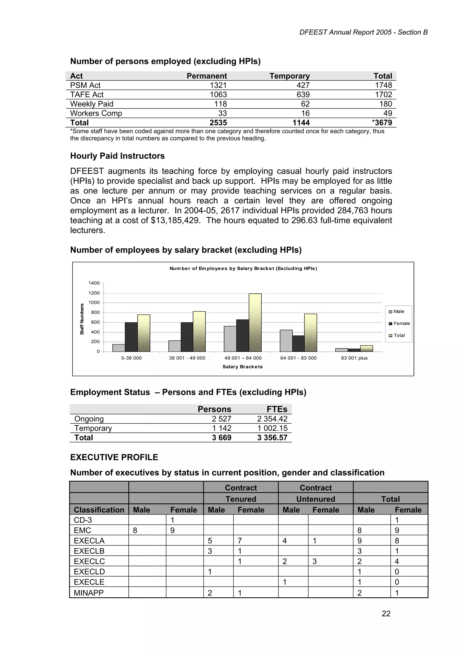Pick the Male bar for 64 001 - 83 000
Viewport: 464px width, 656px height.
(x=286, y=341)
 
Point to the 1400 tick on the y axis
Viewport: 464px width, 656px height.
(x=94, y=283)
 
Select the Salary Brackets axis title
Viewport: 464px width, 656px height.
(x=242, y=367)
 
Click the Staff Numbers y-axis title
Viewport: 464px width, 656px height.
(x=82, y=319)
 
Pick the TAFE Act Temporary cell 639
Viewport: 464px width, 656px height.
(x=303, y=95)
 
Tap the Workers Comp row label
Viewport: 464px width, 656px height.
(x=96, y=113)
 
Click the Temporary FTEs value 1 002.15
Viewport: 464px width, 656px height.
(x=272, y=428)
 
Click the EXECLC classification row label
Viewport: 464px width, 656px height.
(x=89, y=561)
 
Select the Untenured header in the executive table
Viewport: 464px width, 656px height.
(x=316, y=499)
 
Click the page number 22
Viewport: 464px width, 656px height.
(x=386, y=613)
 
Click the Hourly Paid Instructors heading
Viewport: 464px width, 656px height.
(x=118, y=156)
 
